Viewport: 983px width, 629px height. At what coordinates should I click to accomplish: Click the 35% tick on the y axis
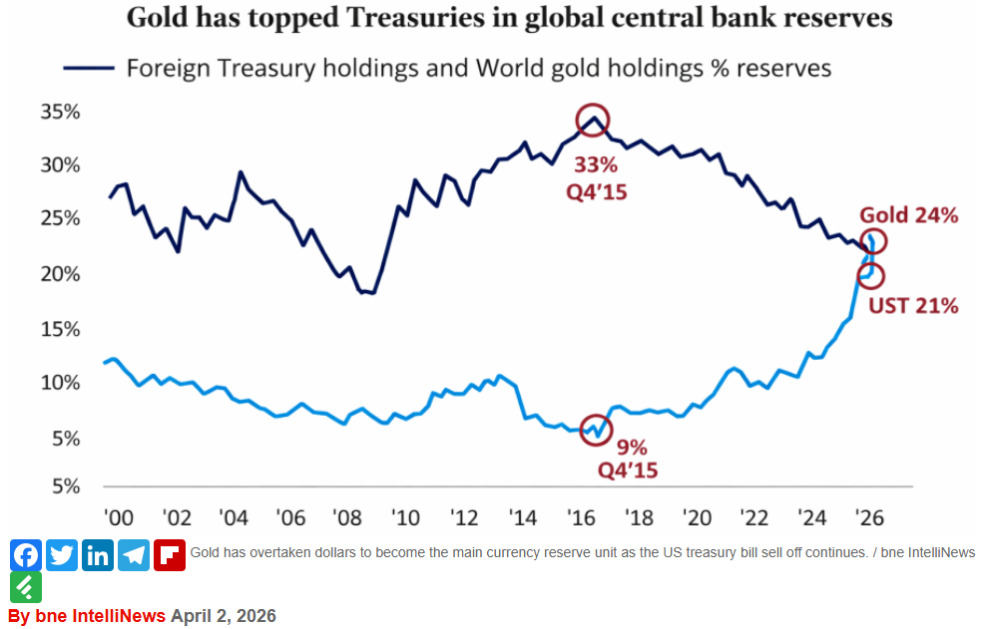[60, 112]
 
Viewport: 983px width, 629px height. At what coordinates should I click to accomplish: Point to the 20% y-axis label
[60, 274]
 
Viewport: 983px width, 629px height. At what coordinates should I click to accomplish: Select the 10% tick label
[60, 384]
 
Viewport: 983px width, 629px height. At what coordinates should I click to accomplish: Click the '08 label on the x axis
[348, 518]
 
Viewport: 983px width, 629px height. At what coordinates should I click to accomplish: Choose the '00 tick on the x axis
[119, 518]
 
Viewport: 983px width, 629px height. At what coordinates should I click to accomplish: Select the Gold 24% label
[908, 215]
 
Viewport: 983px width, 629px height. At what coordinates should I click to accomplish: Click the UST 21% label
[912, 306]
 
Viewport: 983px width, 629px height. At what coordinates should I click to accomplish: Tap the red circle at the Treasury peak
[593, 121]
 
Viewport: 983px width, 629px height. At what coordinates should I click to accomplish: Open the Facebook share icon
[26, 554]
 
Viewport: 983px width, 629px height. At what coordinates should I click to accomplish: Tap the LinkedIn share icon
[98, 554]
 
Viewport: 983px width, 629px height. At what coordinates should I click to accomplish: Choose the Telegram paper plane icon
[134, 554]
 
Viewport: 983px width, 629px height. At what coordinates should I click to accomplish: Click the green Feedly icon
[26, 586]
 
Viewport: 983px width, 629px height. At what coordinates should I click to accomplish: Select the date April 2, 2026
[223, 615]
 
